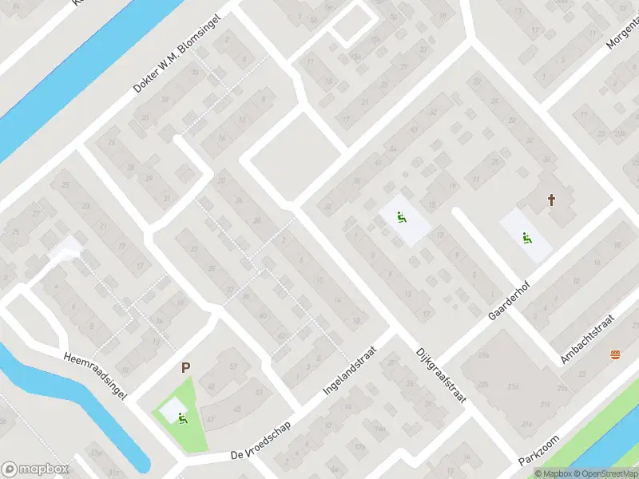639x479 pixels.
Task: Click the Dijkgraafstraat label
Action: click(x=440, y=379)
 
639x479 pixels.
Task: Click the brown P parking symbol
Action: click(x=185, y=368)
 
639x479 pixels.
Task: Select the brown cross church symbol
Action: click(x=551, y=200)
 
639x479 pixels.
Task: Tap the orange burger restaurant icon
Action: click(x=614, y=354)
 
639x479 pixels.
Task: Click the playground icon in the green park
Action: click(x=183, y=417)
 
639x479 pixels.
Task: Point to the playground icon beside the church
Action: click(x=526, y=237)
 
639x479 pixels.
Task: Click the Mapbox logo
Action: click(x=35, y=469)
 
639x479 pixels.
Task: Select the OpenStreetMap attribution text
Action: click(x=605, y=473)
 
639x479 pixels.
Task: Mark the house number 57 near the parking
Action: click(x=234, y=366)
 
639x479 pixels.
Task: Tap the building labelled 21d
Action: click(x=512, y=387)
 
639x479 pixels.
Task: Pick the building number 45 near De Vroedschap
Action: click(x=237, y=410)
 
